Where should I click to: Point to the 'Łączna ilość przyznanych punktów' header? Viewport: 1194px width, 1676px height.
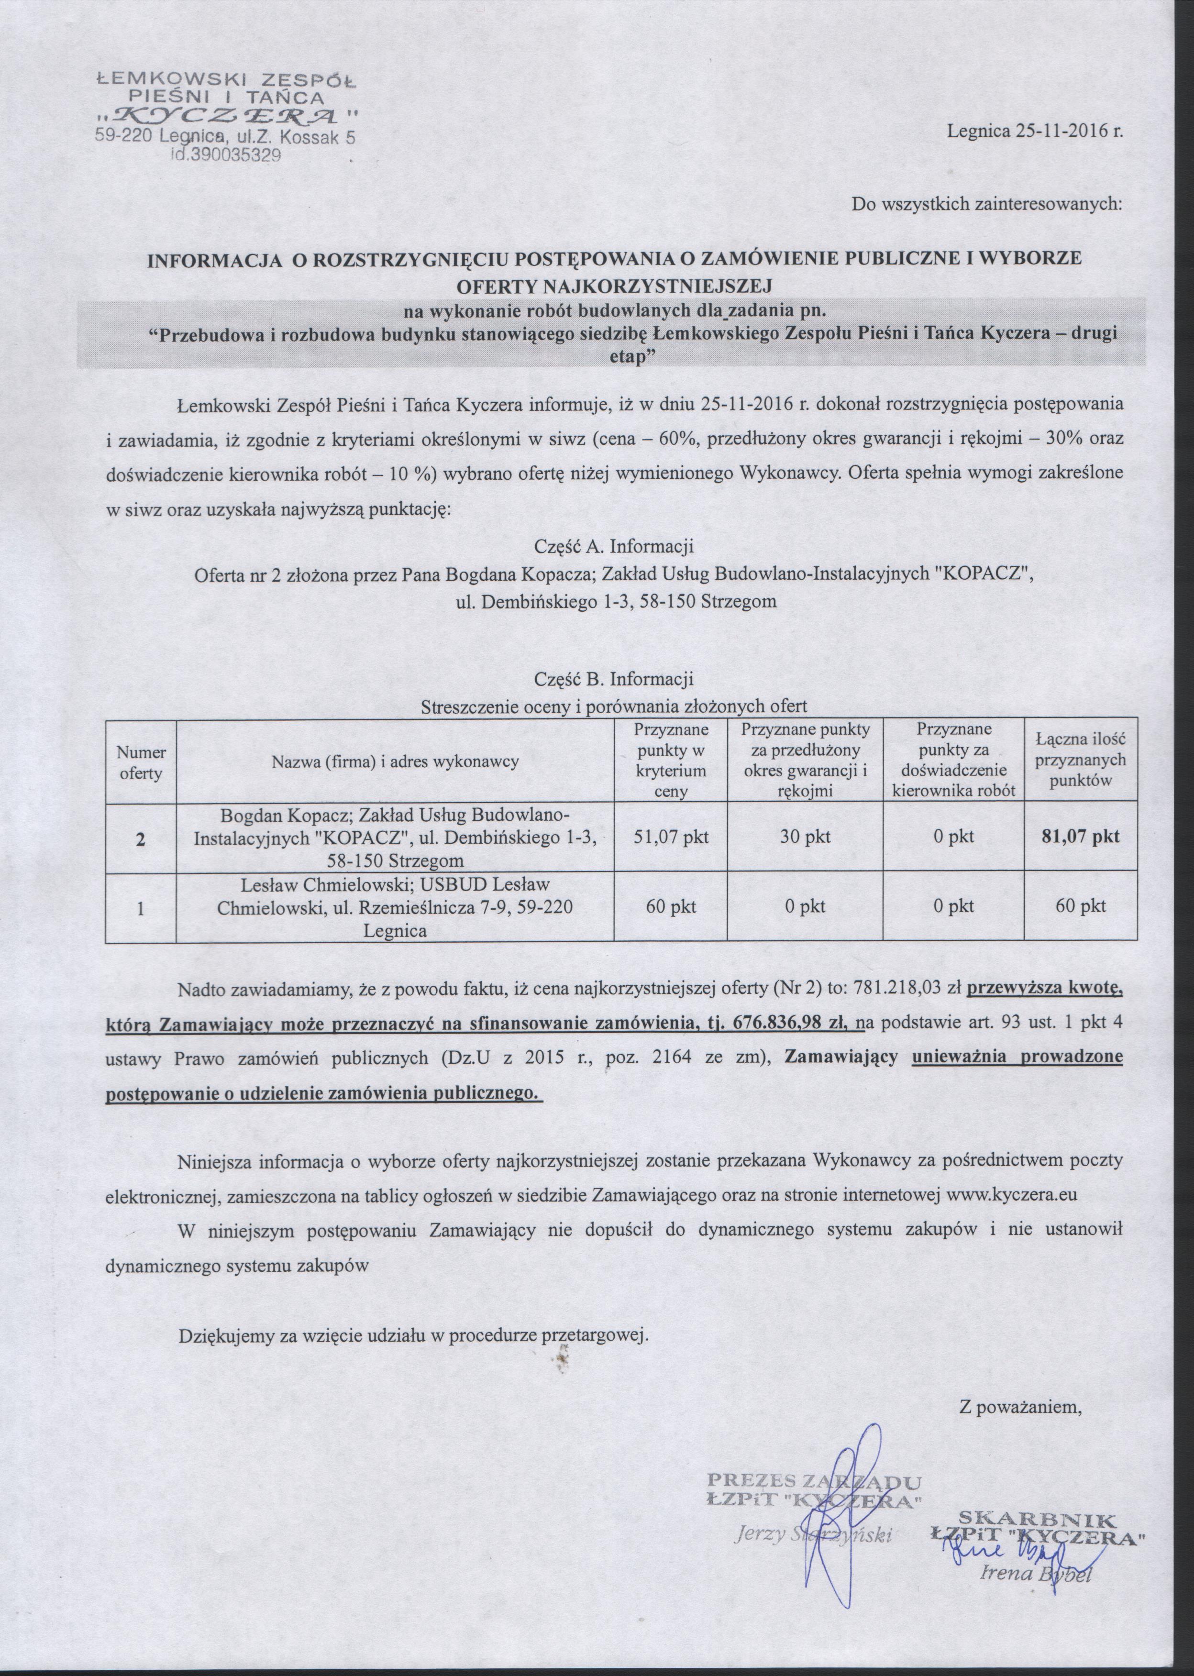point(1079,761)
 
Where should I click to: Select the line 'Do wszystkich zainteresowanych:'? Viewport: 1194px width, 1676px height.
point(987,204)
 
